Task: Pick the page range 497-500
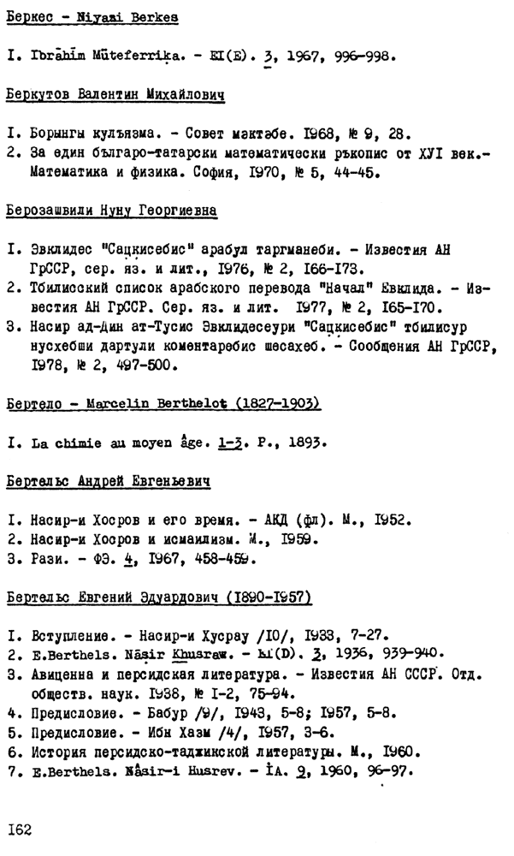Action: click(x=151, y=365)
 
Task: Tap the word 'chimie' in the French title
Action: click(x=80, y=443)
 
